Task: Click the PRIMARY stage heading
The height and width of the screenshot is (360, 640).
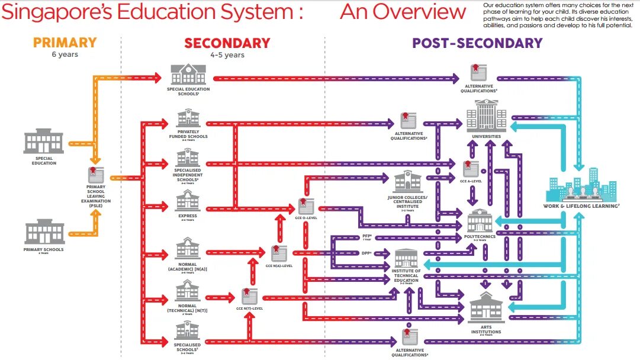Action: (65, 43)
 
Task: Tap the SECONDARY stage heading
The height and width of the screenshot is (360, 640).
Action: (227, 43)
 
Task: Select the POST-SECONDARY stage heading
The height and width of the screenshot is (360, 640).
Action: (477, 43)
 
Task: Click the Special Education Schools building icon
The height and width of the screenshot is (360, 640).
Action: (188, 75)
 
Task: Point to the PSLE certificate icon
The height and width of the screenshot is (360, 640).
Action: (95, 175)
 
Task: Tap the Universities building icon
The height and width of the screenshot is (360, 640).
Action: (487, 117)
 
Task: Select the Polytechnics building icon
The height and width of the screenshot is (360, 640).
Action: (480, 221)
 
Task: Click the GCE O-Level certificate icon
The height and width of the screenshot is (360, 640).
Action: (305, 206)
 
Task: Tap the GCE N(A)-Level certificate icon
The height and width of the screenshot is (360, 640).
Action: (278, 253)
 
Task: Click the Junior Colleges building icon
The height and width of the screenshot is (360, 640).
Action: (407, 180)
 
